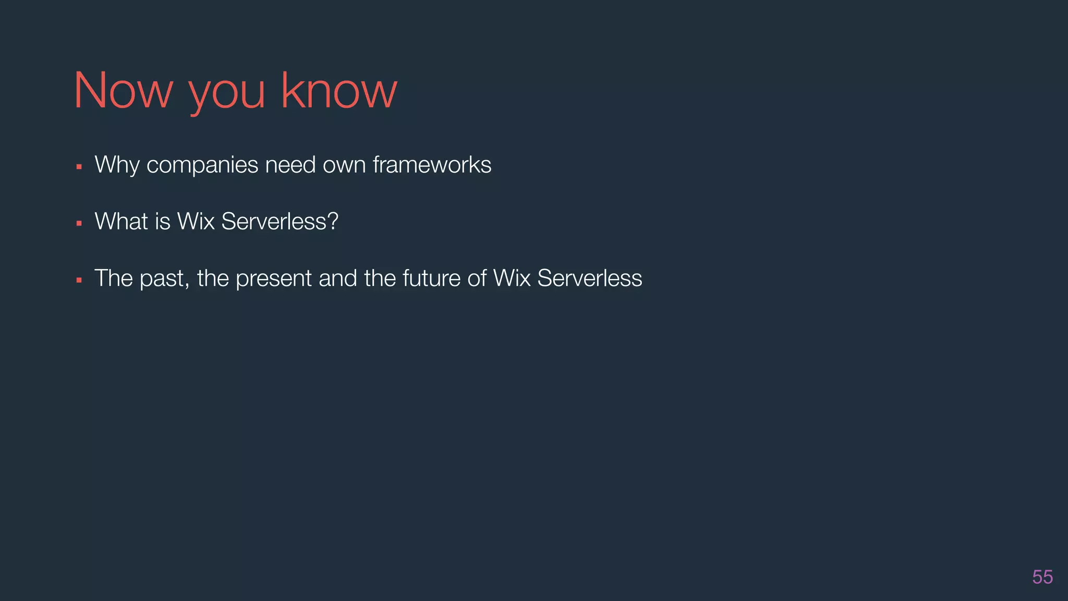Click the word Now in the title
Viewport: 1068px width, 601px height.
(123, 91)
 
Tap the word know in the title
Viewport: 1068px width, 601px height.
(339, 91)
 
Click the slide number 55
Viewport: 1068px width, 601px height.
(1042, 577)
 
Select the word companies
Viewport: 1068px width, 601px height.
(202, 165)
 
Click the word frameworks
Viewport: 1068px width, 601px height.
(432, 165)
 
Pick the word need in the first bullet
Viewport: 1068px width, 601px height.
(290, 165)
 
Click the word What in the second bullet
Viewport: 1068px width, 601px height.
(121, 221)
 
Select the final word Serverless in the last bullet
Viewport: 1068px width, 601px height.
(589, 278)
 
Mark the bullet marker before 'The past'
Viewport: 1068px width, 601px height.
(79, 280)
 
